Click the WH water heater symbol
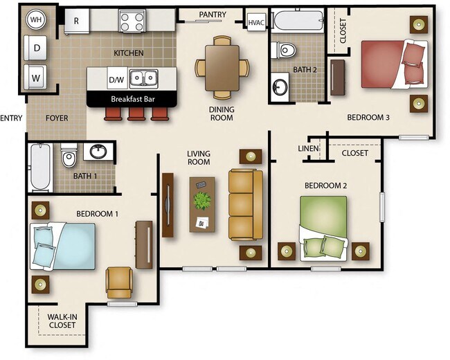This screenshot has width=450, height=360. [x=35, y=21]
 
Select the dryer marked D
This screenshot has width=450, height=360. [x=35, y=48]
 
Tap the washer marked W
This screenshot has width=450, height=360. [x=35, y=75]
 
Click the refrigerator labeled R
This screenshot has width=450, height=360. [x=76, y=21]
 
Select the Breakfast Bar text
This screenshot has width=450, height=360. [x=132, y=99]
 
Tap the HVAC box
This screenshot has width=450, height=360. [x=257, y=22]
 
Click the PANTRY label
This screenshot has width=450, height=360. [x=213, y=14]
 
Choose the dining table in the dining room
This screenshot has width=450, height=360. [x=222, y=67]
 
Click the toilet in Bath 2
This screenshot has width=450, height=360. [x=286, y=50]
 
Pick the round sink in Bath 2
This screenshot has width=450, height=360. [x=281, y=87]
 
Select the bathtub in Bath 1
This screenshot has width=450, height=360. [x=41, y=167]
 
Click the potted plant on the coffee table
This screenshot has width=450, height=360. [x=202, y=201]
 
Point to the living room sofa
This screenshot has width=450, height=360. [x=245, y=204]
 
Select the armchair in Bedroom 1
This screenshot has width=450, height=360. [x=119, y=282]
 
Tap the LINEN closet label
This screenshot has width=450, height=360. [x=308, y=149]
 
